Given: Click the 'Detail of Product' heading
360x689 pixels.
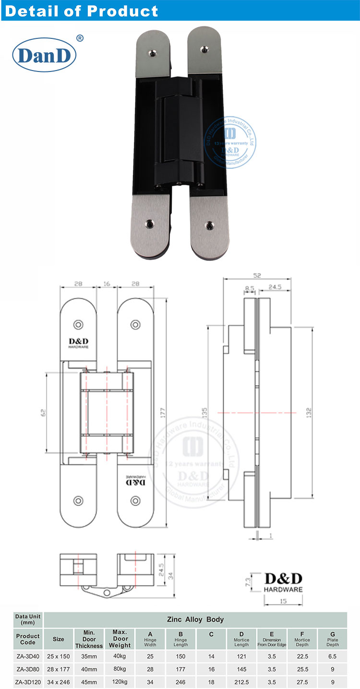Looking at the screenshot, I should [x=81, y=11].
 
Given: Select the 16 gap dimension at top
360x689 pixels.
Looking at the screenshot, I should [x=107, y=284].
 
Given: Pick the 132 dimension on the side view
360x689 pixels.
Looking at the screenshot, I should [x=309, y=412].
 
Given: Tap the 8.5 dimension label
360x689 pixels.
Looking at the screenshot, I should [x=249, y=289].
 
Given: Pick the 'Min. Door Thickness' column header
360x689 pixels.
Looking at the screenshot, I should [x=89, y=639].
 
